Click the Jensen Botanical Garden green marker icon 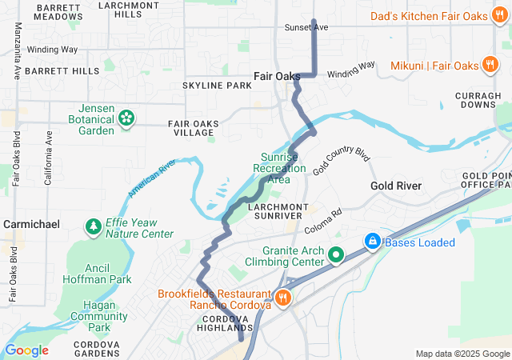tap(126, 118)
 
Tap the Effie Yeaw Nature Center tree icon tap(94, 227)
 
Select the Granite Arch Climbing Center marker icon tap(336, 255)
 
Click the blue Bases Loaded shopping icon tap(372, 241)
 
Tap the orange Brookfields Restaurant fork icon tap(282, 298)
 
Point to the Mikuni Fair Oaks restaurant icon tap(490, 65)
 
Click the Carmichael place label tap(31, 225)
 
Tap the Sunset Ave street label tap(306, 27)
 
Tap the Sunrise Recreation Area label tap(278, 168)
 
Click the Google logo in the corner tap(26, 350)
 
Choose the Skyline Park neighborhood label tap(217, 85)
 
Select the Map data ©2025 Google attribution tap(462, 354)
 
